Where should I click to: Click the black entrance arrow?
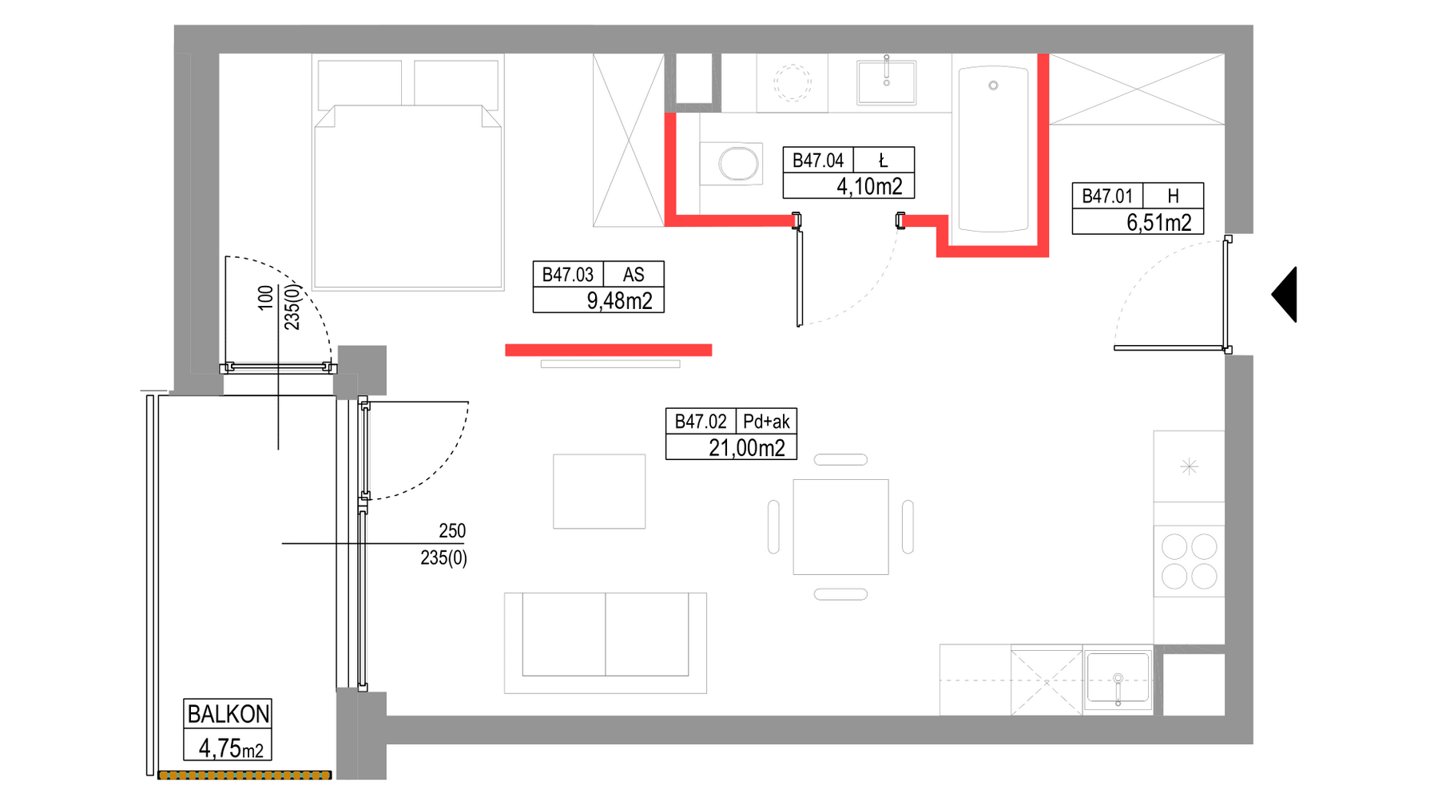click(1286, 295)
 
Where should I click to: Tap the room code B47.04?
click(817, 161)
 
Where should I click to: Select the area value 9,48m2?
click(619, 301)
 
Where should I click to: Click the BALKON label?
click(228, 713)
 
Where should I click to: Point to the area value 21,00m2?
click(747, 448)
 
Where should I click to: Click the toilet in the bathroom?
click(731, 165)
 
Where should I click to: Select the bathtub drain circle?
click(993, 85)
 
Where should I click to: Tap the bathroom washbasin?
click(886, 82)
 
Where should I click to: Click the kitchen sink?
click(1118, 680)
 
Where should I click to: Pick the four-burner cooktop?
click(1189, 561)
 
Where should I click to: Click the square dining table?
click(840, 527)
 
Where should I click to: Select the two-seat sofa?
click(606, 642)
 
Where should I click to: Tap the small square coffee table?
click(599, 491)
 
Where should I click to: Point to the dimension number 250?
click(452, 531)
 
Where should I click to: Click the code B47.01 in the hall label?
click(1107, 196)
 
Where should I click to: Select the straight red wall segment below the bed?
click(609, 350)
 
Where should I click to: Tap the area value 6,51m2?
click(1159, 223)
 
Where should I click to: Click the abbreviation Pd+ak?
click(766, 422)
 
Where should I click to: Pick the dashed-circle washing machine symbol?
click(792, 83)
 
